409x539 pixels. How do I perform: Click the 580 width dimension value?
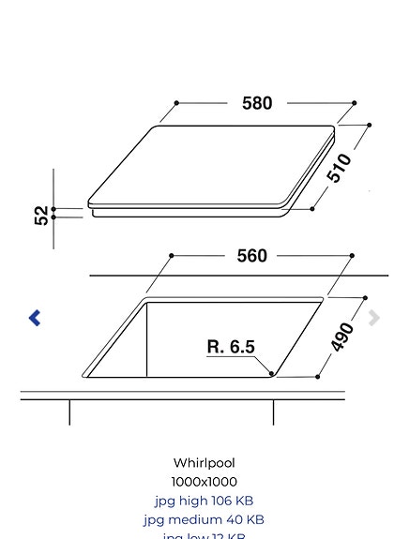click(x=257, y=103)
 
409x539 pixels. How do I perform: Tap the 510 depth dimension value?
click(x=339, y=167)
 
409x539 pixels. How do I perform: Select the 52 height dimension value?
click(x=42, y=216)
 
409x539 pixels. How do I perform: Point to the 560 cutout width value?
click(x=251, y=255)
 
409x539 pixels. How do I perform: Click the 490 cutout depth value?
click(x=343, y=337)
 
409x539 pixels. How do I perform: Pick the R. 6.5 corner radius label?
click(x=231, y=347)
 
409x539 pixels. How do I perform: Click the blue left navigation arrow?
click(x=35, y=318)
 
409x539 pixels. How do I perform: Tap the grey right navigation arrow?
click(x=374, y=318)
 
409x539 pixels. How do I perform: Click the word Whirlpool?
click(x=204, y=463)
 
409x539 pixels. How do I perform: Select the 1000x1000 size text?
click(x=204, y=482)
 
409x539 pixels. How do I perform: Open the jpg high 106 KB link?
click(x=204, y=501)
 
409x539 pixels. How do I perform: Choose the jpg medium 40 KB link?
click(x=204, y=519)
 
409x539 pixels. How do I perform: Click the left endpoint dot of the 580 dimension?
click(x=176, y=103)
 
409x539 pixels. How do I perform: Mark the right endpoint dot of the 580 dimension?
click(x=355, y=103)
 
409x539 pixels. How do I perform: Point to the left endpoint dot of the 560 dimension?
click(x=172, y=255)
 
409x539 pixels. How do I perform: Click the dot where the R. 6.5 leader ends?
click(x=272, y=373)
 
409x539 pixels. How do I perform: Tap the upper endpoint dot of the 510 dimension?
click(x=370, y=125)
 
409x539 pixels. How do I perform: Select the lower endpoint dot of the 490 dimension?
click(x=318, y=377)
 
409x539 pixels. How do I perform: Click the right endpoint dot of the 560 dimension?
click(x=352, y=255)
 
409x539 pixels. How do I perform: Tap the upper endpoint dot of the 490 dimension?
click(x=366, y=298)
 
